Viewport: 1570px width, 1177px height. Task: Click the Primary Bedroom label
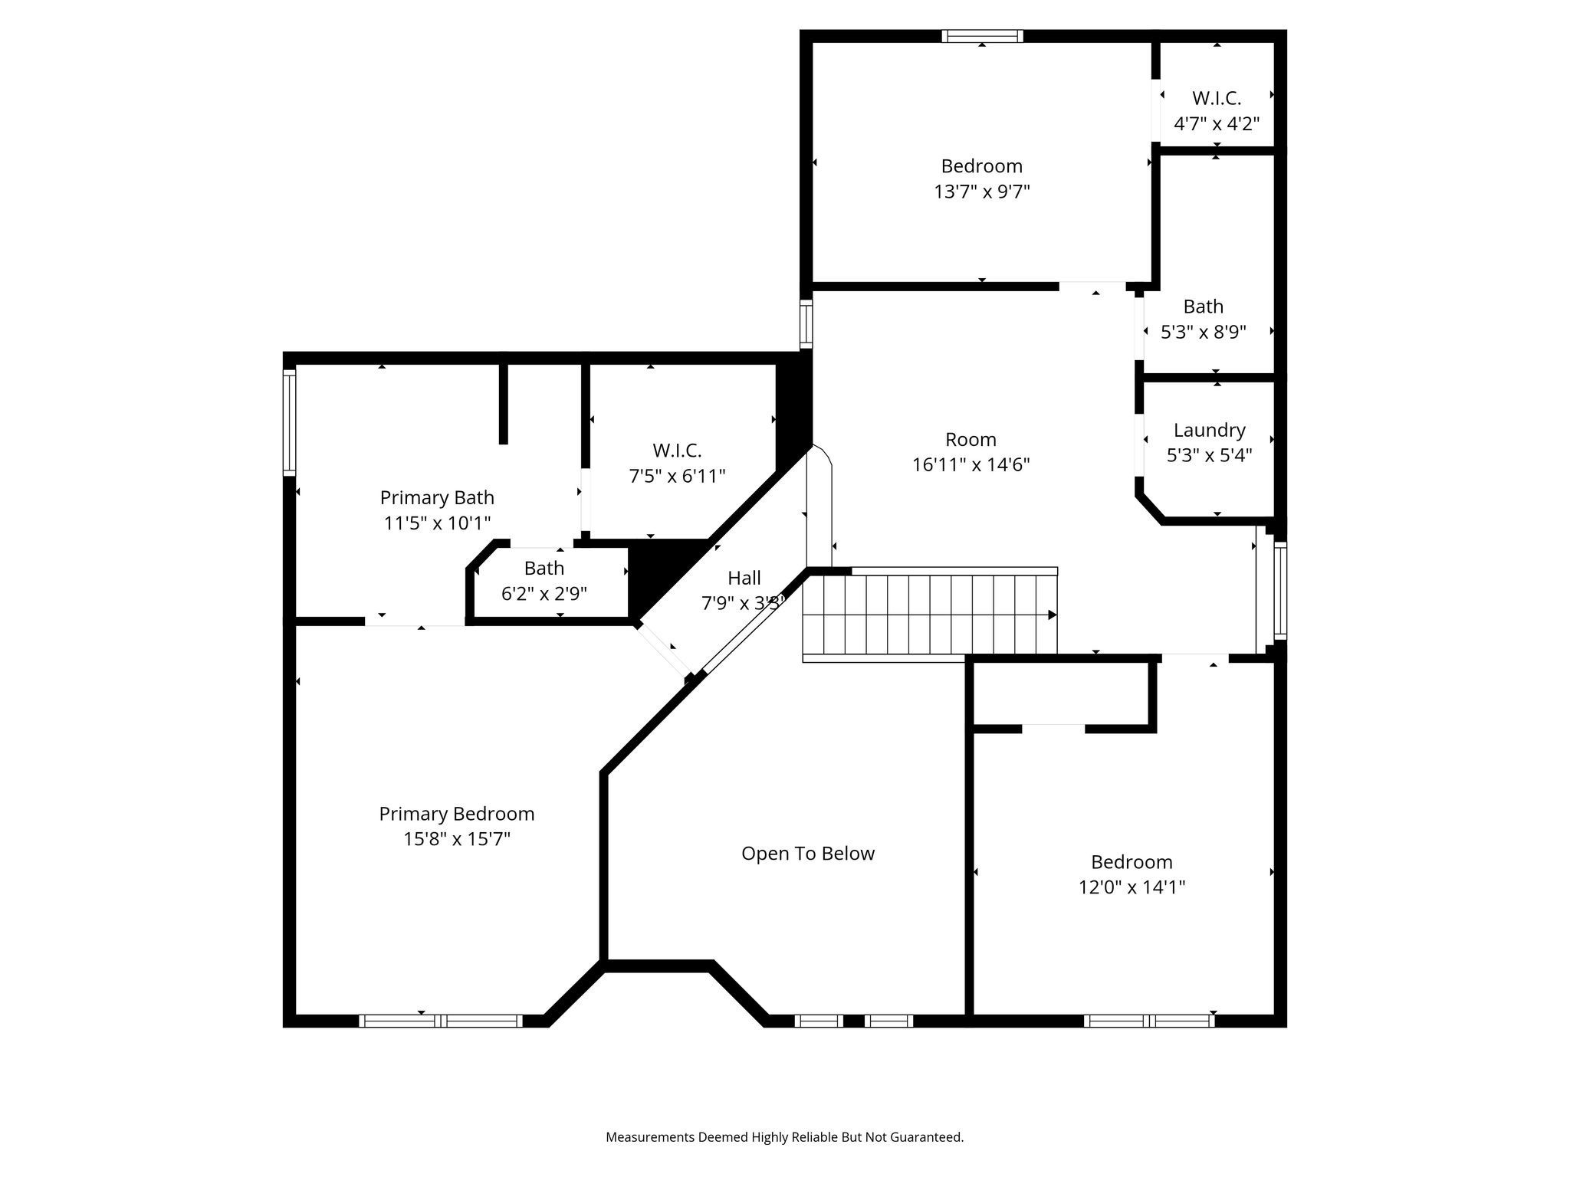456,814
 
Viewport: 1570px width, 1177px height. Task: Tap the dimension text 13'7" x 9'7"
981,192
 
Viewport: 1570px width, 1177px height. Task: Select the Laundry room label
1209,430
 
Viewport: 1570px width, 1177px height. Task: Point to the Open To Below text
807,854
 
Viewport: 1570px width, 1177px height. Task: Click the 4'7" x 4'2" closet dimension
1216,123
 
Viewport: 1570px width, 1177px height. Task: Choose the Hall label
744,578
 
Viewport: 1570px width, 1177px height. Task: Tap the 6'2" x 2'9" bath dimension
544,594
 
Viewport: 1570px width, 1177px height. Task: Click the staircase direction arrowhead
1052,615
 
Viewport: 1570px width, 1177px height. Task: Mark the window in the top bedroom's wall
981,36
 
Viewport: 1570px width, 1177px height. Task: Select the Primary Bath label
437,498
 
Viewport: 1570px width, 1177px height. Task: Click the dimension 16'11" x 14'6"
971,465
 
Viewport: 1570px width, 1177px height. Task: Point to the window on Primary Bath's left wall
289,421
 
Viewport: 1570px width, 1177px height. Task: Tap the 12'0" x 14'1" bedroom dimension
1132,887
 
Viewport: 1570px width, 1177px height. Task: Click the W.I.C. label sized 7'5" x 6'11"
677,451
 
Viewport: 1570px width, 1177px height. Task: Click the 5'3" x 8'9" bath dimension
1203,332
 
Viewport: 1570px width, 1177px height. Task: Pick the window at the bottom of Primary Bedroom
441,1020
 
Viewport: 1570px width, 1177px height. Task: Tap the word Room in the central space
971,440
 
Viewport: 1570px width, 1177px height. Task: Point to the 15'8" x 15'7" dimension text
456,839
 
